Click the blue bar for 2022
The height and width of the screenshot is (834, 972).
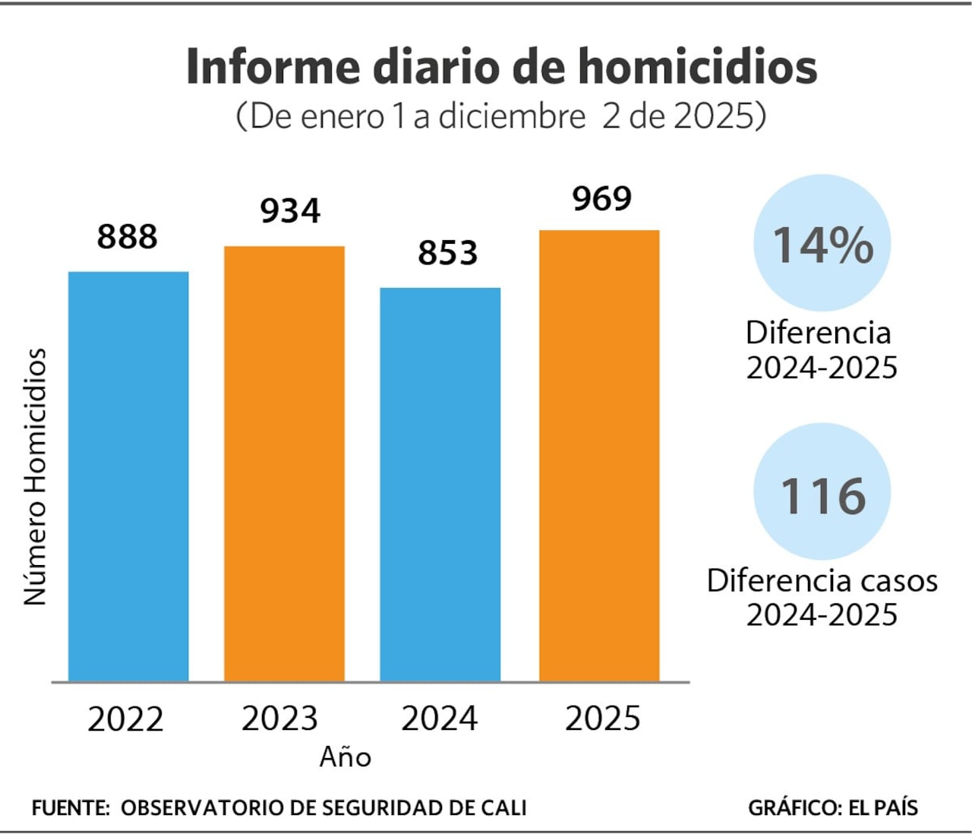128,476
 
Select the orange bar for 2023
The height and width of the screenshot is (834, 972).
284,463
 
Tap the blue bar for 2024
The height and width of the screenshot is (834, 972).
440,484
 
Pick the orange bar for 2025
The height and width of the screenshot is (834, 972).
599,456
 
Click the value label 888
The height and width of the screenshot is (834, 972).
127,237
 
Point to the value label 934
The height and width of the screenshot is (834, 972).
290,211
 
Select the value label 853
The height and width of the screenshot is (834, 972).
447,253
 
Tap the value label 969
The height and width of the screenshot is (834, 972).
602,199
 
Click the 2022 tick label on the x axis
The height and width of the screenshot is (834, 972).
125,719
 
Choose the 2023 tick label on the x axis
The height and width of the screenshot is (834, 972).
279,719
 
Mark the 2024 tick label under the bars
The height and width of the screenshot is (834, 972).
439,719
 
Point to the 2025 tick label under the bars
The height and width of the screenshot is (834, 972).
602,719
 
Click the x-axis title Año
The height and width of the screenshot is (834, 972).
346,757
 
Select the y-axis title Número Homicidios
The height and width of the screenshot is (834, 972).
35,477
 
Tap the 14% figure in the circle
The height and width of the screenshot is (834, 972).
822,245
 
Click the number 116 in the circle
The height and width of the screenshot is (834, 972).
823,496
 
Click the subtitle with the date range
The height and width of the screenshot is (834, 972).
501,116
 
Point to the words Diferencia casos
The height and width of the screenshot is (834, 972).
822,580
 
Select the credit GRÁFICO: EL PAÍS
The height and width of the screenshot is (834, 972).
832,807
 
